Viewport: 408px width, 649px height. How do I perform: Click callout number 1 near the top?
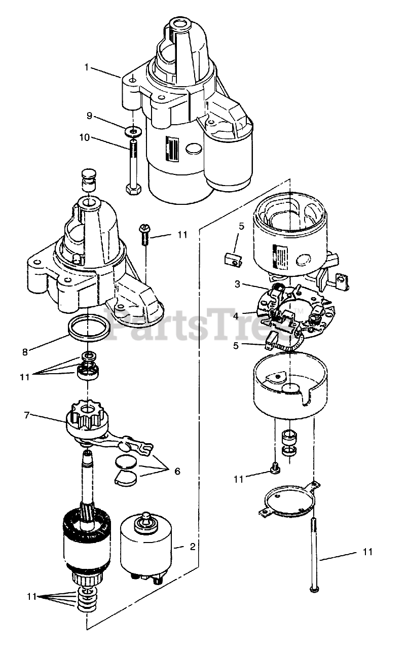[87, 67]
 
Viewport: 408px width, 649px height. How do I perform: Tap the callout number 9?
[89, 116]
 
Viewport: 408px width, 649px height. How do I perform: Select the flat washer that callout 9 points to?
[133, 132]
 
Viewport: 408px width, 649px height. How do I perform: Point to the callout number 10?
[84, 137]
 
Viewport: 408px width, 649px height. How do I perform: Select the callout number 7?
[27, 415]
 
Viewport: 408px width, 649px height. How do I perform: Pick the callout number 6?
[177, 471]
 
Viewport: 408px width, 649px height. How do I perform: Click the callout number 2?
[193, 547]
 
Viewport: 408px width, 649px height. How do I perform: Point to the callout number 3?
[237, 284]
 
